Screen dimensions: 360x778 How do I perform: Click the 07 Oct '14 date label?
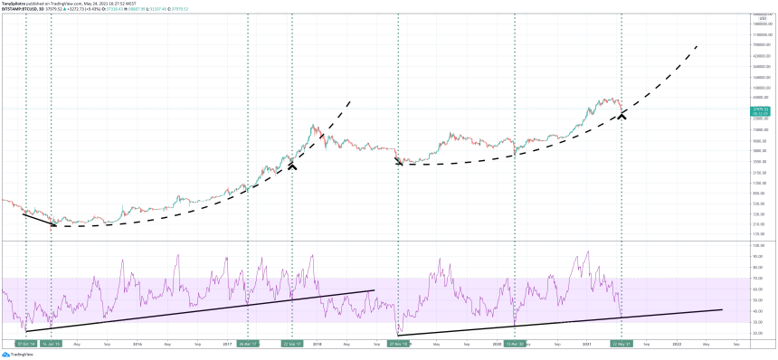(x=26, y=344)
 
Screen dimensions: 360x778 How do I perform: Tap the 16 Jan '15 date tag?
(x=52, y=344)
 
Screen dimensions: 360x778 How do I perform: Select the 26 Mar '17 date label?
(x=247, y=344)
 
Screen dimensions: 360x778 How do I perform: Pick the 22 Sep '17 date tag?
(x=291, y=344)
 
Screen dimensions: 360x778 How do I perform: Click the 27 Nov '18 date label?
(x=398, y=344)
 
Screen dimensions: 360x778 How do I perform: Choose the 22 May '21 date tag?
(x=621, y=344)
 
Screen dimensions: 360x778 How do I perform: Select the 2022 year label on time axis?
(x=676, y=344)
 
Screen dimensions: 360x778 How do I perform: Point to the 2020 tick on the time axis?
(x=496, y=344)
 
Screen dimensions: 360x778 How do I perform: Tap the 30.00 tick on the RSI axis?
(x=758, y=322)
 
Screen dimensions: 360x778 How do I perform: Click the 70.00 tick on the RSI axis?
(x=758, y=278)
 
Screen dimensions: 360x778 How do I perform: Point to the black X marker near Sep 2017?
(x=292, y=165)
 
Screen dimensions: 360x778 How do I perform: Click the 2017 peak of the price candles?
(x=314, y=126)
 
